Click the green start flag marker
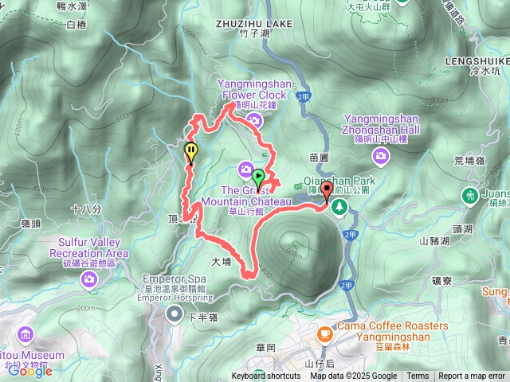259,176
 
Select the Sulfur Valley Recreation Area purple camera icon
88,279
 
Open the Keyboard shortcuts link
266,376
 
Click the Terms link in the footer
418,376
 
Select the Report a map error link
472,376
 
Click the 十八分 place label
86,209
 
